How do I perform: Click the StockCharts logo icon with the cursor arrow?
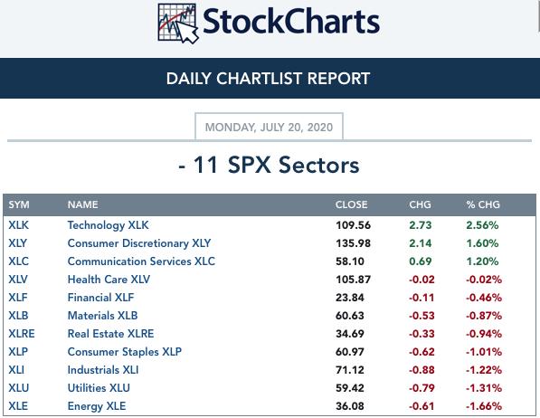click(x=178, y=24)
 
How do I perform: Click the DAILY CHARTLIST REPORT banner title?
click(x=268, y=79)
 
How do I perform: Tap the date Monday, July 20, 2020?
click(x=269, y=128)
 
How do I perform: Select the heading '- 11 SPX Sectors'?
click(x=269, y=165)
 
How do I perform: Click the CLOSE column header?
click(x=351, y=204)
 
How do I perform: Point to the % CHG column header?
click(x=483, y=204)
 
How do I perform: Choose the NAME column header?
click(x=82, y=204)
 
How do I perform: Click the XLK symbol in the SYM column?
click(x=19, y=225)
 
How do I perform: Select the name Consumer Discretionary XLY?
click(x=139, y=243)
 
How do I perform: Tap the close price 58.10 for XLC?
click(x=350, y=261)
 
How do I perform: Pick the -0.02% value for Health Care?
click(x=484, y=280)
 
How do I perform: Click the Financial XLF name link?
click(x=100, y=298)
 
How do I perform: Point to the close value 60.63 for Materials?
click(x=350, y=316)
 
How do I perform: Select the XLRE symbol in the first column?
click(x=22, y=334)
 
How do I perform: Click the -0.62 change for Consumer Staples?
click(x=422, y=352)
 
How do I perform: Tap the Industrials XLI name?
click(x=103, y=370)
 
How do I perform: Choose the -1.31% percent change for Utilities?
click(x=484, y=388)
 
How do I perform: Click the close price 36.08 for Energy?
click(x=350, y=406)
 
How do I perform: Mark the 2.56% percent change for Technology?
click(x=482, y=225)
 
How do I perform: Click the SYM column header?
click(x=19, y=204)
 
